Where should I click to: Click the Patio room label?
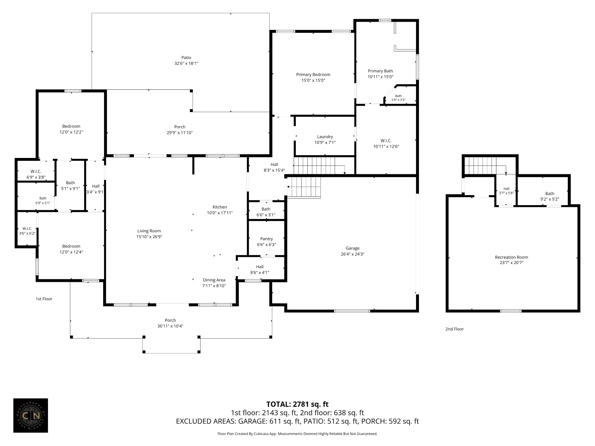186,57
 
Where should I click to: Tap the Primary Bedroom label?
313,75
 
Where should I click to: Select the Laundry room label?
325,137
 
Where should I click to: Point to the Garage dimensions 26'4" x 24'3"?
352,254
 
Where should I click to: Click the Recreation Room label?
511,257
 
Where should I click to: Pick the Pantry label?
266,239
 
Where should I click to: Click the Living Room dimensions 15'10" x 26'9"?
149,237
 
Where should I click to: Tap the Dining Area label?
214,280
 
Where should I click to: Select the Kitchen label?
220,207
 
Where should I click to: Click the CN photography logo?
31,416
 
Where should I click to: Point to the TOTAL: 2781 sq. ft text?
297,404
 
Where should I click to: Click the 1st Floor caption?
44,299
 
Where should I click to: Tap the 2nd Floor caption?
454,329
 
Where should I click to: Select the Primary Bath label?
380,71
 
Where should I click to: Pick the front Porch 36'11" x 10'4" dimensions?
170,326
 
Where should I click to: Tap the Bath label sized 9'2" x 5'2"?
550,194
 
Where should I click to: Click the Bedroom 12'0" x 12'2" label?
71,126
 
